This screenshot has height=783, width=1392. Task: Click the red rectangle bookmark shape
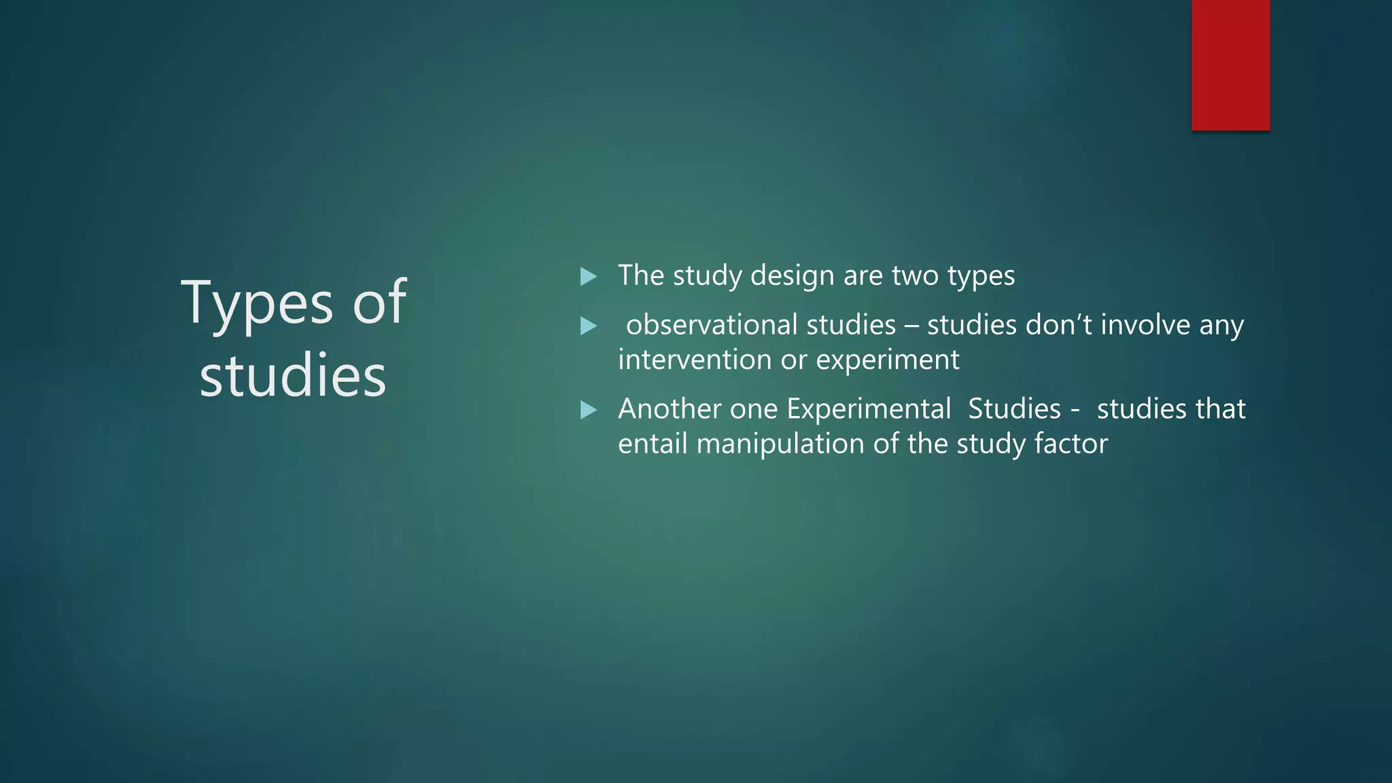click(1230, 65)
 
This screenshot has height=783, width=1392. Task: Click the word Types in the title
click(257, 304)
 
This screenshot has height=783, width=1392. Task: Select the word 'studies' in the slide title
click(293, 376)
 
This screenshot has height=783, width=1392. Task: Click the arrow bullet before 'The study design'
click(589, 277)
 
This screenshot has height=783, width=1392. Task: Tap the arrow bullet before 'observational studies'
click(589, 326)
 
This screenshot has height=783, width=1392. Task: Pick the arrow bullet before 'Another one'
click(589, 410)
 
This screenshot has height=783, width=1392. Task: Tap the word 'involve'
click(1145, 325)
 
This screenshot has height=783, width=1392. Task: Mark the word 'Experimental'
click(868, 410)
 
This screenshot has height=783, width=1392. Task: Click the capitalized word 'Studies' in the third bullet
click(1014, 409)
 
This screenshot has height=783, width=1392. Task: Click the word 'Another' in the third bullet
click(669, 409)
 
